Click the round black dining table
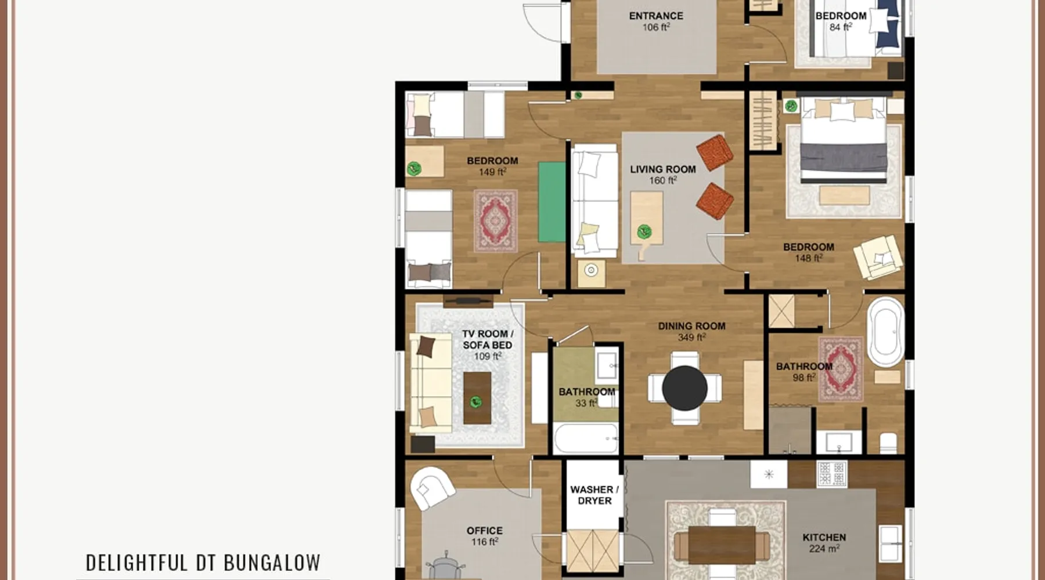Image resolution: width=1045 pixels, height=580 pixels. (x=684, y=388)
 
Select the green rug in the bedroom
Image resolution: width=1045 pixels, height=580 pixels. (x=552, y=202)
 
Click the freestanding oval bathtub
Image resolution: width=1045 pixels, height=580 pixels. (x=885, y=332)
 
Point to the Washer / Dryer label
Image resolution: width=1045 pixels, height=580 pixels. (x=594, y=495)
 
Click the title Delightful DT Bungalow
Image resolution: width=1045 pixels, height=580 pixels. (x=203, y=563)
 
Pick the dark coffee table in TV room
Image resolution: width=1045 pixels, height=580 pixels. (x=477, y=398)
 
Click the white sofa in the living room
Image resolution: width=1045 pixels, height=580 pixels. (x=594, y=201)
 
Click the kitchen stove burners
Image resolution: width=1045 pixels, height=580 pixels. (x=832, y=473)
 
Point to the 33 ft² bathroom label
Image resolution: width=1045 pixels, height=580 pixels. (x=586, y=397)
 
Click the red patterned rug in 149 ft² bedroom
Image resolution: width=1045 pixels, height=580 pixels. (x=495, y=221)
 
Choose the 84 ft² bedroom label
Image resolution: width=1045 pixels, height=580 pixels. (x=841, y=21)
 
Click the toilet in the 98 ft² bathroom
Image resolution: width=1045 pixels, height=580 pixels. (x=888, y=443)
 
